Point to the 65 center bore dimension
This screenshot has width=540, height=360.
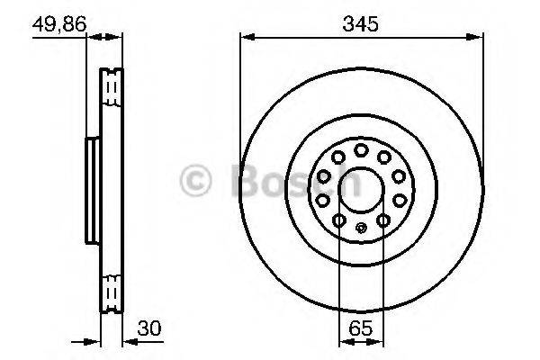[x=360, y=329]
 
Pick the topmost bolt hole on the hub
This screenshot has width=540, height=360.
[x=360, y=149]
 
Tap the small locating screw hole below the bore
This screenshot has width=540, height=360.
[x=360, y=227]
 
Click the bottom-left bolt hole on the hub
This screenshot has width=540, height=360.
[x=338, y=220]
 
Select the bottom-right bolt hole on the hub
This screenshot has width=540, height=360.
[x=382, y=220]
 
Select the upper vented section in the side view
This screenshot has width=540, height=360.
[x=113, y=87]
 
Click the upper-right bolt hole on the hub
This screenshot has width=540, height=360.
[x=384, y=158]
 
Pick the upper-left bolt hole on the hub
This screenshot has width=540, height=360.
[x=336, y=158]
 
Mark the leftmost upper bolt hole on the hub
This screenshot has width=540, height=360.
[x=322, y=178]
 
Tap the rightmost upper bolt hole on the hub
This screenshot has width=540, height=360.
[x=398, y=178]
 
